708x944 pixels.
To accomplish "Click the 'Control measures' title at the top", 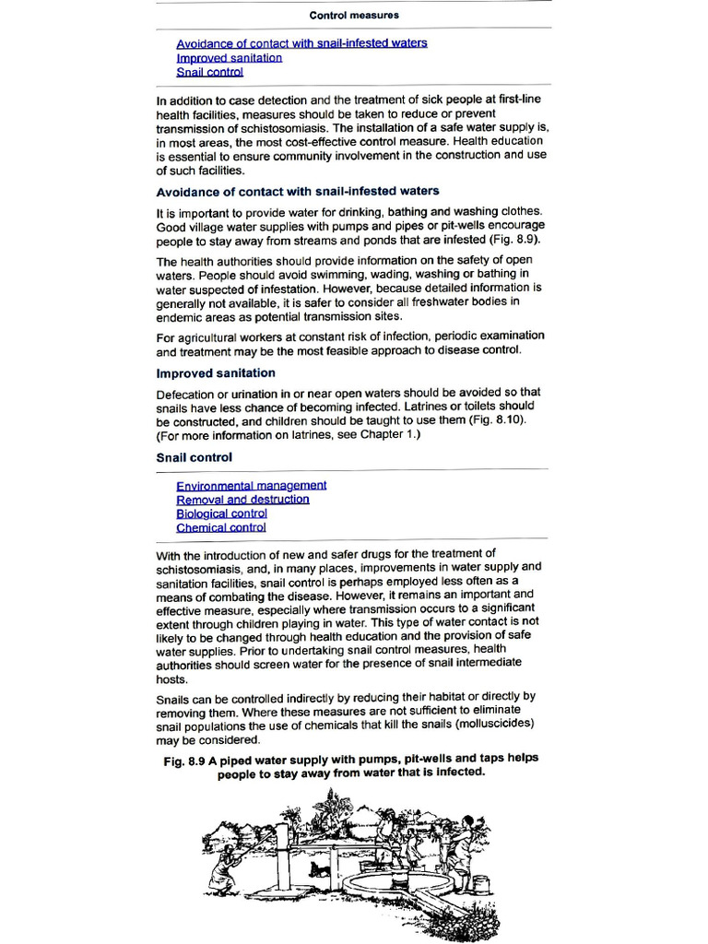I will point(354,16).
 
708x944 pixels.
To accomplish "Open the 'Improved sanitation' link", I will point(229,57).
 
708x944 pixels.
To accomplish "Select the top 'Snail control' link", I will point(209,72).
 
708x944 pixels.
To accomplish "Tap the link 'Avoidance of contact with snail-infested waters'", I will point(301,43).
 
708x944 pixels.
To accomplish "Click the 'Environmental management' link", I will point(251,485).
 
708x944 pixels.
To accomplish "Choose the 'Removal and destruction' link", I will point(242,500).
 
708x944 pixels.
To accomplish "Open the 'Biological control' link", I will point(221,513).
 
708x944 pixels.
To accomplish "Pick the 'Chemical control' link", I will point(220,528).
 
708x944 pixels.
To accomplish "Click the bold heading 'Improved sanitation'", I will point(216,373).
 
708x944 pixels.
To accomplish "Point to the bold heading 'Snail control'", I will point(194,457).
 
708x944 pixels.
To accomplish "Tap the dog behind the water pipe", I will point(318,868).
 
